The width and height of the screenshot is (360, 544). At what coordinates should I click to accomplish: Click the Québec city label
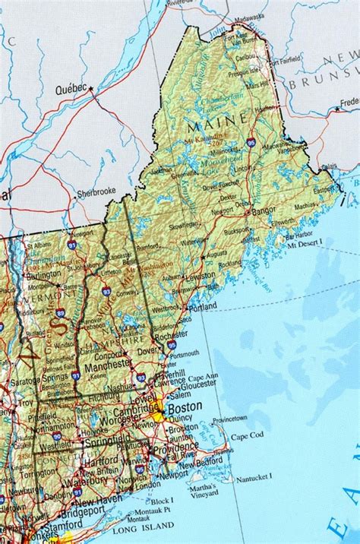click(71, 88)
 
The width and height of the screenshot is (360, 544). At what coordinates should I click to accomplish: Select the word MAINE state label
click(223, 119)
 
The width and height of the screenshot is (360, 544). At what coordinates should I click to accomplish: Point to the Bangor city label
click(264, 210)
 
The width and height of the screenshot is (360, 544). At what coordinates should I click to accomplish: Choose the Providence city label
click(178, 450)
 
